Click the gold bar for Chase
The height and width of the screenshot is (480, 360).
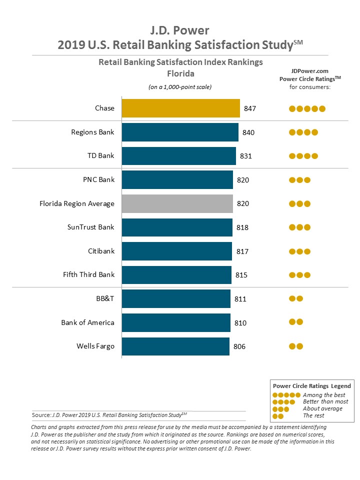coord(180,108)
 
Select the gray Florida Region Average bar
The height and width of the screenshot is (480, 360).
coord(177,203)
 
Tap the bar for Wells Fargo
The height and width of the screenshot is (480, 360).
coord(175,346)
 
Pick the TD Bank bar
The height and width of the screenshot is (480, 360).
coord(179,156)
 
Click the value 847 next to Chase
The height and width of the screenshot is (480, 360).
coord(250,108)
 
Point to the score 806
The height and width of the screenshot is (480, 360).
coord(239,346)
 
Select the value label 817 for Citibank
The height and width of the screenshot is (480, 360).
coord(242,251)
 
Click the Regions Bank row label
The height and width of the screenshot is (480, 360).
coord(92,132)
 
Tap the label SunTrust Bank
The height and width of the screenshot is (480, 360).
coord(90,227)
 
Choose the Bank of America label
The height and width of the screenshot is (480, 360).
coord(87,322)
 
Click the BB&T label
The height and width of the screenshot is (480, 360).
coord(105,298)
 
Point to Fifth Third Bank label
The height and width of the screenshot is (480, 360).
coord(89,274)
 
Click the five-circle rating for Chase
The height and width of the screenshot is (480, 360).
coord(307,108)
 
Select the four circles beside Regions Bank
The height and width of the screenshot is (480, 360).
coord(303,132)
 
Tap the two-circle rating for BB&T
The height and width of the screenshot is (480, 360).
coord(296,298)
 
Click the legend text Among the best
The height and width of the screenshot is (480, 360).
coord(324,395)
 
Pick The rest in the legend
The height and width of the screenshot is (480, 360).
coord(313,415)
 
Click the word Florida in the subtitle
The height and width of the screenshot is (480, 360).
coord(180,74)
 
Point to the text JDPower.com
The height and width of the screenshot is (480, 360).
coord(310,71)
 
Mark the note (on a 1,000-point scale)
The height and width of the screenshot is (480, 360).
coord(180,87)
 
